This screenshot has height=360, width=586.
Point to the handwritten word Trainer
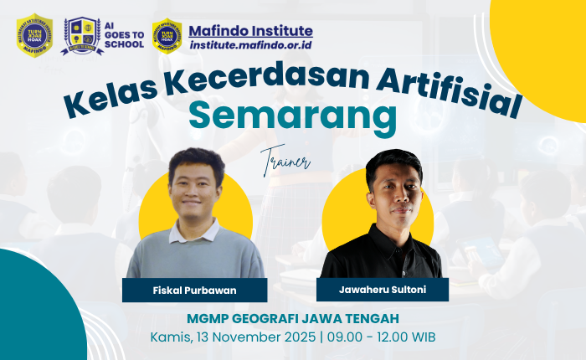[x=285, y=160]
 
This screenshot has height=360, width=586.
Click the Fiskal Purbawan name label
[x=194, y=290]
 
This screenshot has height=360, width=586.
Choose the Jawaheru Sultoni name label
[x=383, y=290]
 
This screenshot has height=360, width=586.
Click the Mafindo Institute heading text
[x=251, y=31]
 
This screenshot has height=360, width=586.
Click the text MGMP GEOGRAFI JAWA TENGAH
[x=292, y=318]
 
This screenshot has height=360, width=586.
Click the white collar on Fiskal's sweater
[x=194, y=228]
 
